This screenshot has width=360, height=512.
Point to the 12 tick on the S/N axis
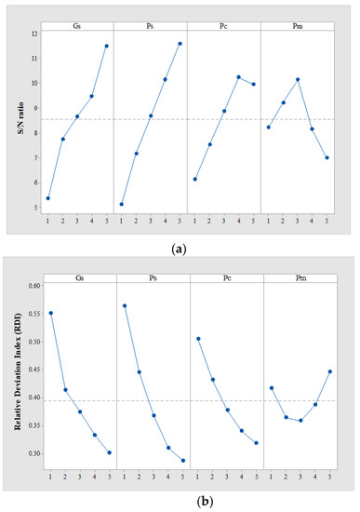pos(33,34)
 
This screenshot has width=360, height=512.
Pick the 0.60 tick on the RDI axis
pos(30,286)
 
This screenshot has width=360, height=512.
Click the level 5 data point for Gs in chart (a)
pos(107,46)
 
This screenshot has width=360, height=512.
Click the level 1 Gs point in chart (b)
pos(50,313)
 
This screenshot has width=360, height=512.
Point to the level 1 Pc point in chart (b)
pos(197,339)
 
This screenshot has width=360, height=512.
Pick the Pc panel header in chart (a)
pos(223,24)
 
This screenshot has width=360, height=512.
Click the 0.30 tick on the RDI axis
pos(30,453)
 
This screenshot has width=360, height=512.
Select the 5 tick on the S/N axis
pos(34,208)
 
